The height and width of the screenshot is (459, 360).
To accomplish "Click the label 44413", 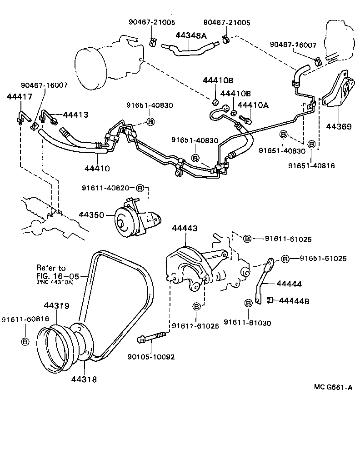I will (75, 115).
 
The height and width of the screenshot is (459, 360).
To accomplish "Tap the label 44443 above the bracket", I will (185, 228).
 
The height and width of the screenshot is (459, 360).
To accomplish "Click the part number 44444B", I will (295, 300).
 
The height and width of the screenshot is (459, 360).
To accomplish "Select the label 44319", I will (56, 306).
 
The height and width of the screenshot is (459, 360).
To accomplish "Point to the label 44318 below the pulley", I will (84, 378).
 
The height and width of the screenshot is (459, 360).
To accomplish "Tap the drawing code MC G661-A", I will (333, 387).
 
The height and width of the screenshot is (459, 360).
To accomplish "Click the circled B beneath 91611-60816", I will (25, 341).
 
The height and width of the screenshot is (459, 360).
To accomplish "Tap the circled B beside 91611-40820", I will (140, 188).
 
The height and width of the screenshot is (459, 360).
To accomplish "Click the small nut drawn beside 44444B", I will (270, 299).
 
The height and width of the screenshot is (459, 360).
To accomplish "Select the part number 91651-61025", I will (323, 258).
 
